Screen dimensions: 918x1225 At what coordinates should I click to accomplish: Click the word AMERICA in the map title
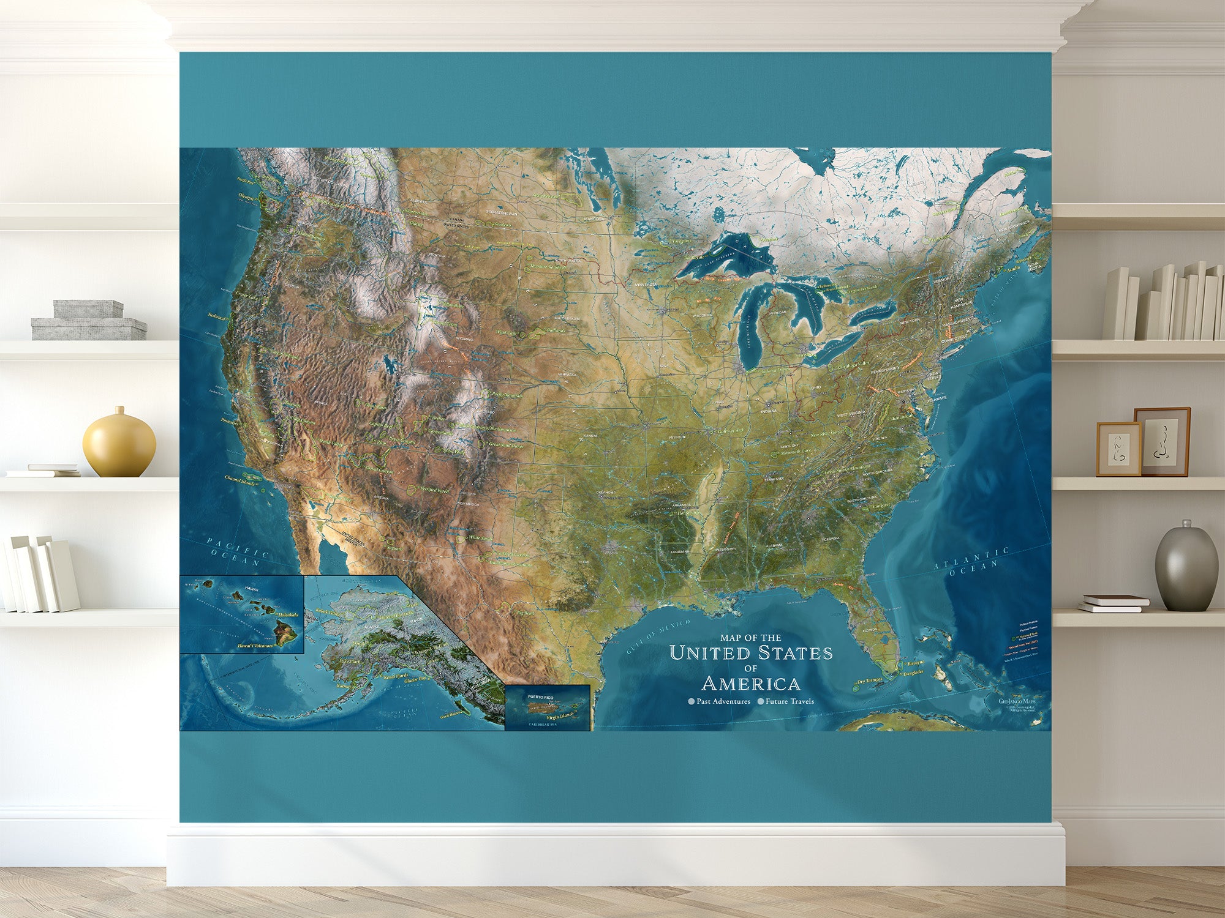751,683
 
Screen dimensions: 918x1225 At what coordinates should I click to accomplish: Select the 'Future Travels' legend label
790,701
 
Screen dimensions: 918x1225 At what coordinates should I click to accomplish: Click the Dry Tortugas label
870,681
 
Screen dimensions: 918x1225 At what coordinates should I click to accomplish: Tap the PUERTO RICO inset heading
540,697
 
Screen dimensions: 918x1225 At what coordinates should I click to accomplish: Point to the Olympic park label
248,198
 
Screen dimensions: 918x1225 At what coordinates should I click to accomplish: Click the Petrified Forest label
435,490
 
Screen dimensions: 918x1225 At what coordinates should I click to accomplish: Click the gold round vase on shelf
119,442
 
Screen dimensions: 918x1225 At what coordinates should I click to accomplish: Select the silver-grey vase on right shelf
1186,567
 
